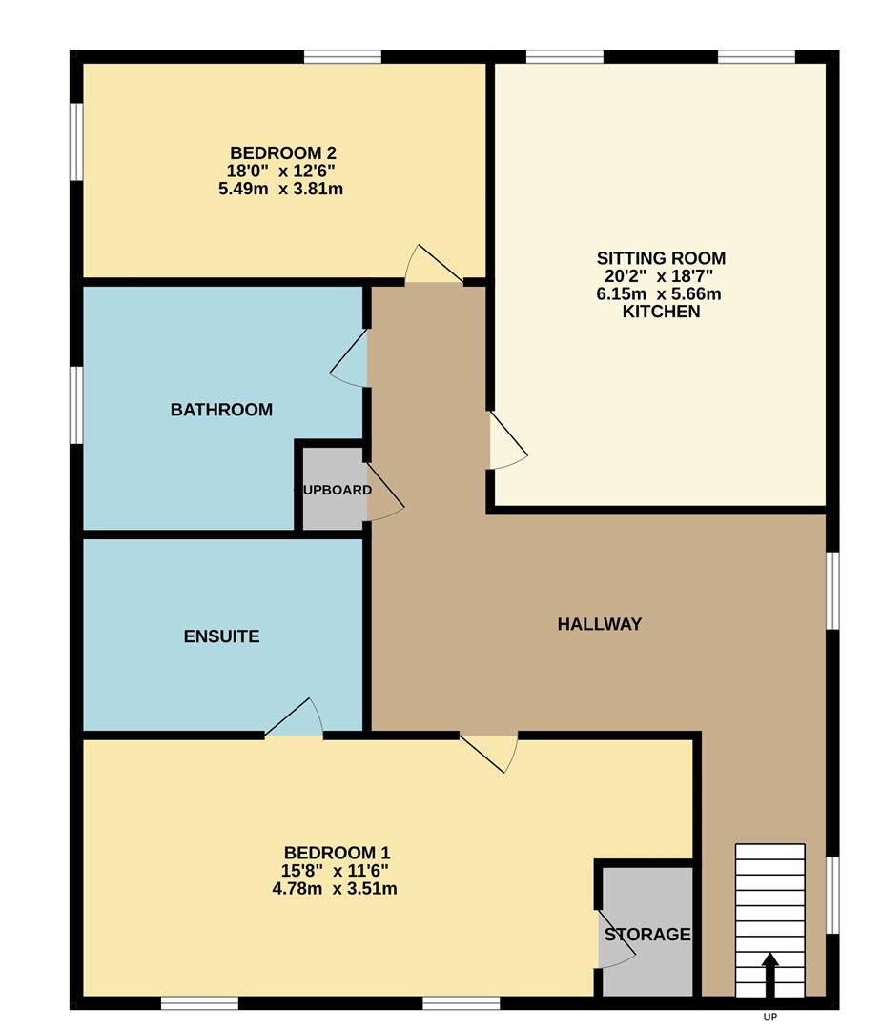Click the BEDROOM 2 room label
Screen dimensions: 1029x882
click(282, 152)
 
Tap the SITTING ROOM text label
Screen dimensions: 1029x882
click(661, 258)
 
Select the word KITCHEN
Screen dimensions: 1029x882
click(661, 313)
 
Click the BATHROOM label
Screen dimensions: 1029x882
click(221, 410)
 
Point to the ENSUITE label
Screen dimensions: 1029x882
click(221, 636)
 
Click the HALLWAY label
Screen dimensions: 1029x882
click(599, 624)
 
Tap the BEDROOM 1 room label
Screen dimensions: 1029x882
click(337, 853)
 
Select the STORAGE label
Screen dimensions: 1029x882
click(646, 935)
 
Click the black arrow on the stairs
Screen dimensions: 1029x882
click(769, 974)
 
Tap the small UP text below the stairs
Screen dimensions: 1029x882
click(769, 1017)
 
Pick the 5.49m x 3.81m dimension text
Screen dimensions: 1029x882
click(280, 189)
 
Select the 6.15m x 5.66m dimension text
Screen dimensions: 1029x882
click(659, 294)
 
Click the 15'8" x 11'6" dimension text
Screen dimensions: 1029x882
click(336, 871)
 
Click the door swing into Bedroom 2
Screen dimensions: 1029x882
click(435, 267)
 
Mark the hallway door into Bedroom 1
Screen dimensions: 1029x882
click(490, 751)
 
